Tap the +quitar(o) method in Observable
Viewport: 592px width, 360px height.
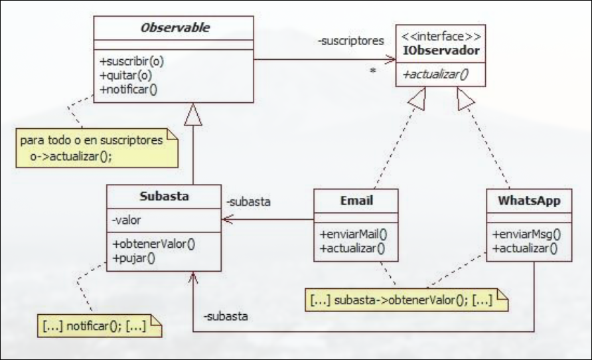tap(126, 74)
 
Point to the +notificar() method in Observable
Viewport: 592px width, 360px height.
tap(130, 88)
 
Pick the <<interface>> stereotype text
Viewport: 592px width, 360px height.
tap(441, 36)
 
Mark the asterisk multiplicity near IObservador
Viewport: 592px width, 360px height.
tap(374, 69)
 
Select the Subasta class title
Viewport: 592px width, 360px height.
tap(163, 197)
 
